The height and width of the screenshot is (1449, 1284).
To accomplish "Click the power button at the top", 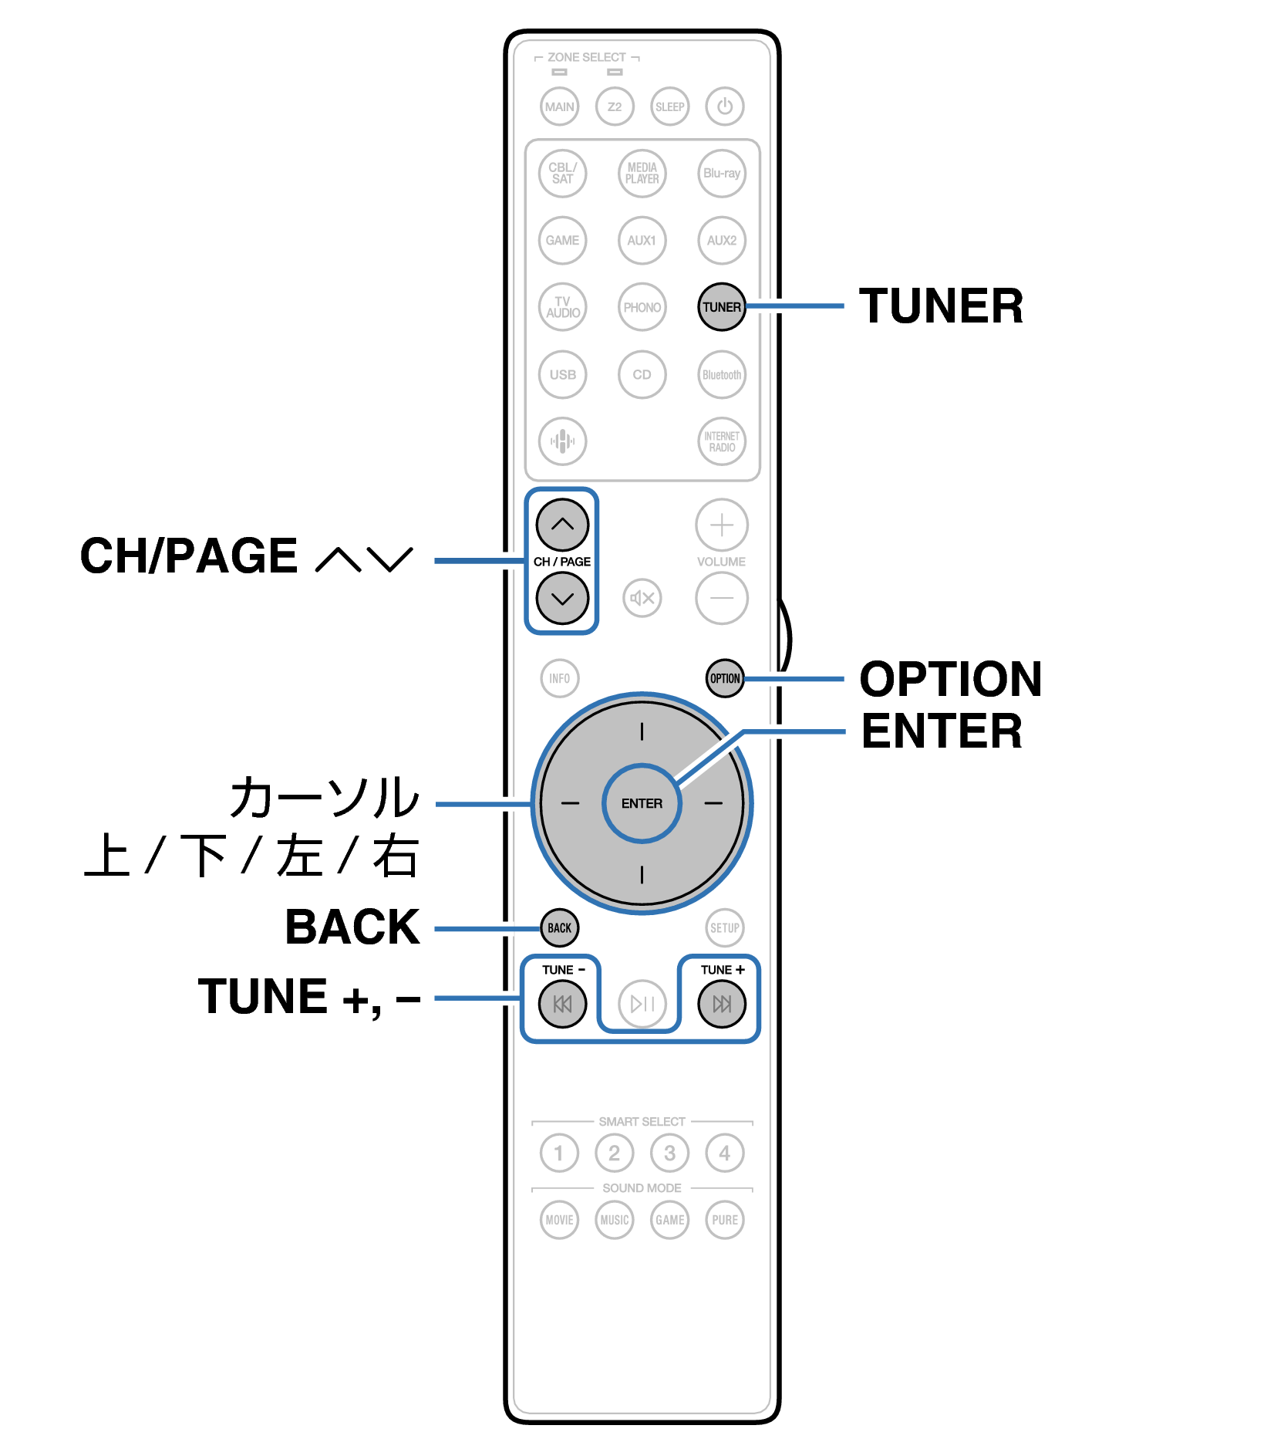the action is pyautogui.click(x=724, y=106).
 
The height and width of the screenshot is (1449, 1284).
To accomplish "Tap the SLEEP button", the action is pyautogui.click(x=669, y=106).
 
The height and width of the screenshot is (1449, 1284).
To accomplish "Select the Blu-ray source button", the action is pyautogui.click(x=722, y=174).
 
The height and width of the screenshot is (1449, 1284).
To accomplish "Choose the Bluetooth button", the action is pyautogui.click(x=722, y=375).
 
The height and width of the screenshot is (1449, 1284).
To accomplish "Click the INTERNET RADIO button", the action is pyautogui.click(x=722, y=441).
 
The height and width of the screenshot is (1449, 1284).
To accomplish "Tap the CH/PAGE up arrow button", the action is pyautogui.click(x=563, y=525).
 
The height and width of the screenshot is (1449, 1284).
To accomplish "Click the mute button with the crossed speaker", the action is pyautogui.click(x=642, y=598).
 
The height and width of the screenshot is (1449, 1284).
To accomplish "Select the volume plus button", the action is pyautogui.click(x=722, y=525).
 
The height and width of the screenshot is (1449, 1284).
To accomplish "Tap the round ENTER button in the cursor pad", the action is pyautogui.click(x=642, y=803).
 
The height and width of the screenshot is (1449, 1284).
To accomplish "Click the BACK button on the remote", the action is pyautogui.click(x=560, y=927).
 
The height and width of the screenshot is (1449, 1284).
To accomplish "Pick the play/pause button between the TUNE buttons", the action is pyautogui.click(x=642, y=1004).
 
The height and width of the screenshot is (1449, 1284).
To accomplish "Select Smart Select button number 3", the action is pyautogui.click(x=669, y=1153).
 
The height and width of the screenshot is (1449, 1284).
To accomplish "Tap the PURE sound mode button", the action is pyautogui.click(x=725, y=1220).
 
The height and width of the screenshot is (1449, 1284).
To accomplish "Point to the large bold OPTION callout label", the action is pyautogui.click(x=951, y=679).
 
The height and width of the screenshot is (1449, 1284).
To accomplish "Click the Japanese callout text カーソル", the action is pyautogui.click(x=325, y=797).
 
